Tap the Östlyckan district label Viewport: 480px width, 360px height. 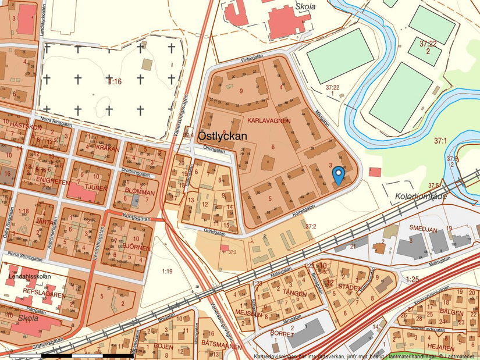pos(222,136)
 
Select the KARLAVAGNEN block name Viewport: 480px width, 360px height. pos(268,120)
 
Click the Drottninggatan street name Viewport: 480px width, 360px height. pos(136,173)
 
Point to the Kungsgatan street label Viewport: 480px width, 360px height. pos(136,216)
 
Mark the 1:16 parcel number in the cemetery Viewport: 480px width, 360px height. pos(115,81)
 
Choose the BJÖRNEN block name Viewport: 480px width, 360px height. pos(136,247)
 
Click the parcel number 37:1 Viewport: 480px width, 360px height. pos(440,141)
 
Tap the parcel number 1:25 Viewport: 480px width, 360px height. pos(412,280)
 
